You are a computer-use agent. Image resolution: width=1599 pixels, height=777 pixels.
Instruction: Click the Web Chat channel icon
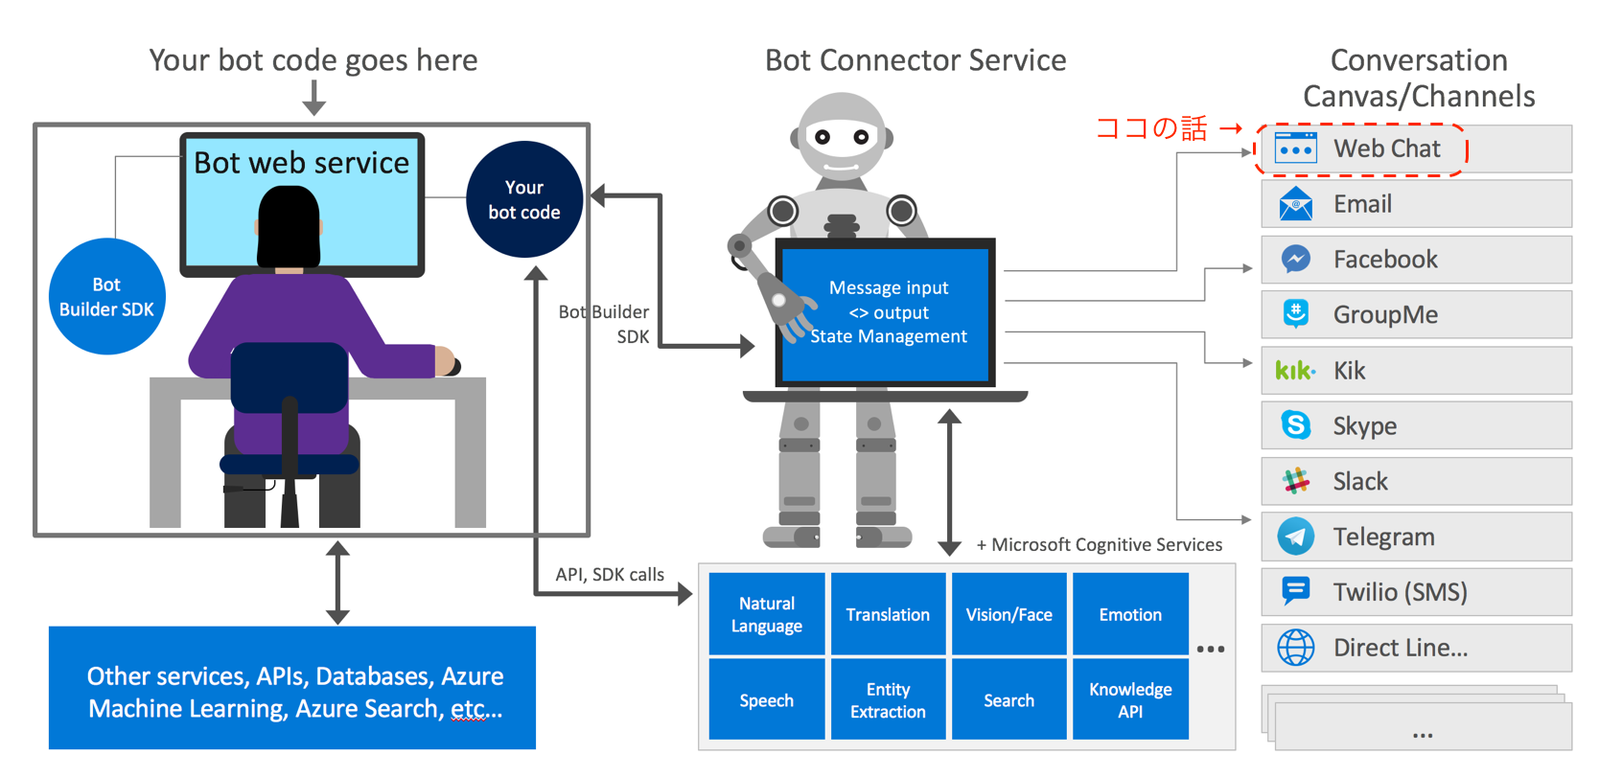pyautogui.click(x=1295, y=149)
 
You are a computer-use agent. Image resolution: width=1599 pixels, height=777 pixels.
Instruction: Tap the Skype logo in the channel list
pyautogui.click(x=1295, y=425)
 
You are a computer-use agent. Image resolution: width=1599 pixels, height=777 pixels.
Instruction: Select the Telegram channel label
pyautogui.click(x=1383, y=537)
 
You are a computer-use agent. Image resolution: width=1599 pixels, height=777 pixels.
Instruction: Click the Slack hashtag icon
pyautogui.click(x=1295, y=481)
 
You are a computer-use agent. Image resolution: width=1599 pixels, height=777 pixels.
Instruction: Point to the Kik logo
pyautogui.click(x=1295, y=371)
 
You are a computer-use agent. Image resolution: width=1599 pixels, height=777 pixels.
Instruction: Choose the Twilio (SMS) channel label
pyautogui.click(x=1400, y=593)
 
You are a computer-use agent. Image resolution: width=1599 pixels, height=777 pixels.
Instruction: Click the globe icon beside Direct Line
pyautogui.click(x=1295, y=648)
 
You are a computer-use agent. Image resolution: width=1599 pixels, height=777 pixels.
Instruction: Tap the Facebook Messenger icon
pyautogui.click(x=1295, y=260)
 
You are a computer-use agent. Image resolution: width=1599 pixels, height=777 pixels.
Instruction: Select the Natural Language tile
pyautogui.click(x=766, y=615)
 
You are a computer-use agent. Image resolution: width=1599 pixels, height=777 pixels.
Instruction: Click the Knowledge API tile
pyautogui.click(x=1130, y=700)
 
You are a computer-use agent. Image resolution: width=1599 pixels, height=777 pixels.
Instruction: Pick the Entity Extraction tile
pyautogui.click(x=888, y=700)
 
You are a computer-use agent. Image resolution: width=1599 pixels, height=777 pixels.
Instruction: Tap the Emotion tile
pyautogui.click(x=1130, y=615)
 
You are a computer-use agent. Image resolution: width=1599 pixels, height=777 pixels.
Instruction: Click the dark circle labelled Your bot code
pyautogui.click(x=523, y=199)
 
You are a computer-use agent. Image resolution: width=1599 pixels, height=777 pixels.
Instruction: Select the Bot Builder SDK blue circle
pyautogui.click(x=106, y=297)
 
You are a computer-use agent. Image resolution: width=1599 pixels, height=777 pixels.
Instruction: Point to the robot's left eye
pyautogui.click(x=822, y=137)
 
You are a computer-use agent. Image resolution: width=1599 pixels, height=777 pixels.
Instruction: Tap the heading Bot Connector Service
pyautogui.click(x=915, y=60)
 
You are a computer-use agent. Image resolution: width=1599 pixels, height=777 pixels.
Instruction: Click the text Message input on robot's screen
pyautogui.click(x=889, y=287)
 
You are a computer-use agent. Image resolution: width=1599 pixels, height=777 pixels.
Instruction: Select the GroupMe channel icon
pyautogui.click(x=1295, y=314)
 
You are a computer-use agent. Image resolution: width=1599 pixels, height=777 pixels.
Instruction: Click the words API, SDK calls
pyautogui.click(x=610, y=575)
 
